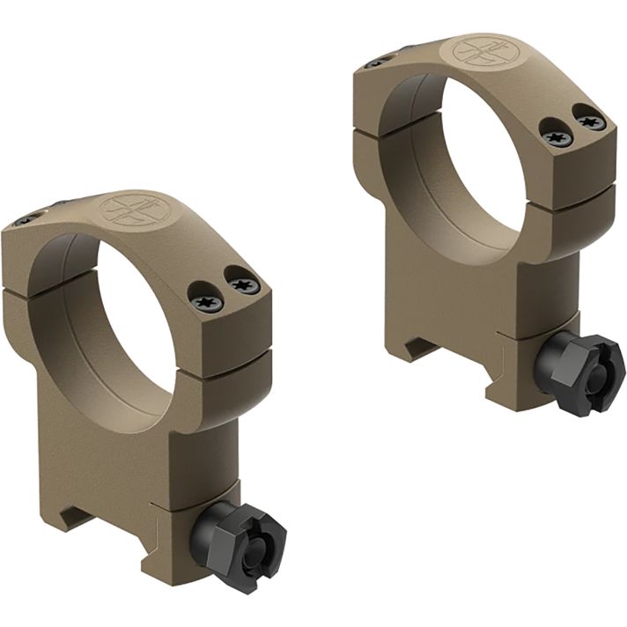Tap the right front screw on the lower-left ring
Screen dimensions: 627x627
[x=243, y=284]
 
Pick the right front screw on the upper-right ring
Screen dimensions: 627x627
[x=588, y=120]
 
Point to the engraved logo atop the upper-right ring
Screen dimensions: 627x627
[x=481, y=51]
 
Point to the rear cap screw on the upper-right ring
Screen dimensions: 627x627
[x=377, y=62]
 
